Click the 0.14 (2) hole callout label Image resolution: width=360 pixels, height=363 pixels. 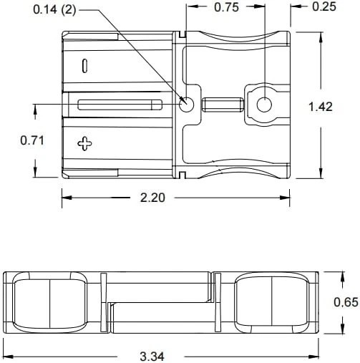pos(54,10)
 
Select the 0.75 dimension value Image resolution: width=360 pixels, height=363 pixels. pos(226,7)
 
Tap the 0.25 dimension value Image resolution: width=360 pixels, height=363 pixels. pos(324,6)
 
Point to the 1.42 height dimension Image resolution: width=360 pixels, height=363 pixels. pos(321,107)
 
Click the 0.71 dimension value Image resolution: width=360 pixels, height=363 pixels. pos(32,140)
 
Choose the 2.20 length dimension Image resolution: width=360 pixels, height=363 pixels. pos(152,198)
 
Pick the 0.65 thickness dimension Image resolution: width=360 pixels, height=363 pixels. pos(346,302)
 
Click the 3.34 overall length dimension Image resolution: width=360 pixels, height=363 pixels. pos(152,357)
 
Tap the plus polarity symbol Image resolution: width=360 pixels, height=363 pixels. pos(84,143)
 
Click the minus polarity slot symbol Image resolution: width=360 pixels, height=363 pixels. pos(84,66)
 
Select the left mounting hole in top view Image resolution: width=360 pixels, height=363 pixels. pos(187,105)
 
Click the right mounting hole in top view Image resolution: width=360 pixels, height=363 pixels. pos(264,105)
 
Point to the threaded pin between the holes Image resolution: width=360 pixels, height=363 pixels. pos(223,105)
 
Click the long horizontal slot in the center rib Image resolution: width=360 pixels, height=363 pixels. pos(120,105)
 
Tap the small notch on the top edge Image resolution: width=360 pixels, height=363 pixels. pos(183,34)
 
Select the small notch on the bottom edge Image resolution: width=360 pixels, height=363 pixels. pos(183,175)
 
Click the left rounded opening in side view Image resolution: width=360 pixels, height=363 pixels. pos(49,302)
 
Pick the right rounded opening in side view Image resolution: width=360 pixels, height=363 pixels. pos(272,302)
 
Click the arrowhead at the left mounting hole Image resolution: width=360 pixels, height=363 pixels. pos(184,101)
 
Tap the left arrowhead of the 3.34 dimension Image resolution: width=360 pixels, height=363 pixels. pos(8,357)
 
